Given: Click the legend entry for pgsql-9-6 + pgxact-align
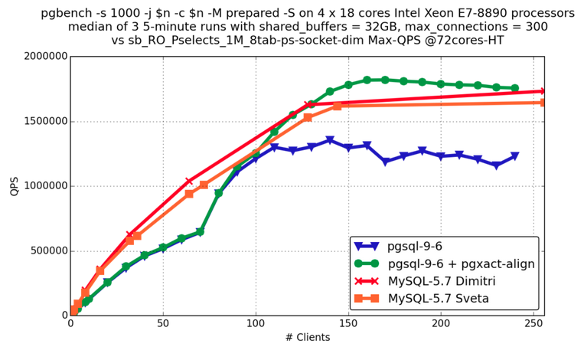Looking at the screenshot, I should tap(461, 263).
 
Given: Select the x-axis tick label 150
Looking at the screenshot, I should tap(348, 324).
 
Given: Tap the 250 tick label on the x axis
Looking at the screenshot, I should tap(533, 324).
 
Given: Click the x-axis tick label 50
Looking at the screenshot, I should tap(163, 324).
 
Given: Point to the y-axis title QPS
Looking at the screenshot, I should tap(13, 186).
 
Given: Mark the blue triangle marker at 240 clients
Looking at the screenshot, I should tap(514, 156).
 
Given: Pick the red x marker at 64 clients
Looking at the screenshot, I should tap(189, 182).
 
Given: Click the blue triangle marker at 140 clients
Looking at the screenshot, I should tap(330, 140).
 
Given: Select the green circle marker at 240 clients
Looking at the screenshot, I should tap(514, 88).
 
